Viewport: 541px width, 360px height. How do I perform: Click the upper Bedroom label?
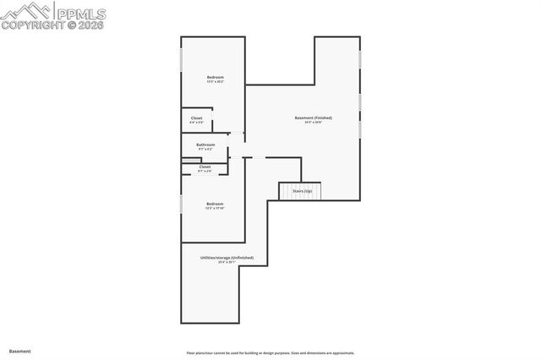(x=215, y=78)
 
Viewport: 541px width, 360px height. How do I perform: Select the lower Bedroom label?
(x=215, y=203)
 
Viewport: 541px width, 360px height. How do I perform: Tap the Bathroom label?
(x=205, y=145)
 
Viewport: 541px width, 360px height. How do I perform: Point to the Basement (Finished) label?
(x=313, y=117)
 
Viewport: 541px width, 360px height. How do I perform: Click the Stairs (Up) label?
(x=302, y=192)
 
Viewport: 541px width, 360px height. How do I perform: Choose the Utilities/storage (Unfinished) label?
(x=226, y=257)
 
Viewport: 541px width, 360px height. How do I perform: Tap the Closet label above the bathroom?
(x=196, y=118)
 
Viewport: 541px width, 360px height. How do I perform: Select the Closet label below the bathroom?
(x=205, y=166)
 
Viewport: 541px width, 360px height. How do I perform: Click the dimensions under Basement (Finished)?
(x=313, y=123)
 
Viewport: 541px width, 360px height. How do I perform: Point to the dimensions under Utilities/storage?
(x=226, y=262)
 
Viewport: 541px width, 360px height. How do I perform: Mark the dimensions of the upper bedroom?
(x=215, y=83)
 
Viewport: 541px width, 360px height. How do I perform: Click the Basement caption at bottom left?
(x=19, y=351)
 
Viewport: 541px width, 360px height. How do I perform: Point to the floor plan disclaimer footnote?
(x=270, y=353)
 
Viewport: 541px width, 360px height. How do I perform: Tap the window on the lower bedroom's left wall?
(x=181, y=204)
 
